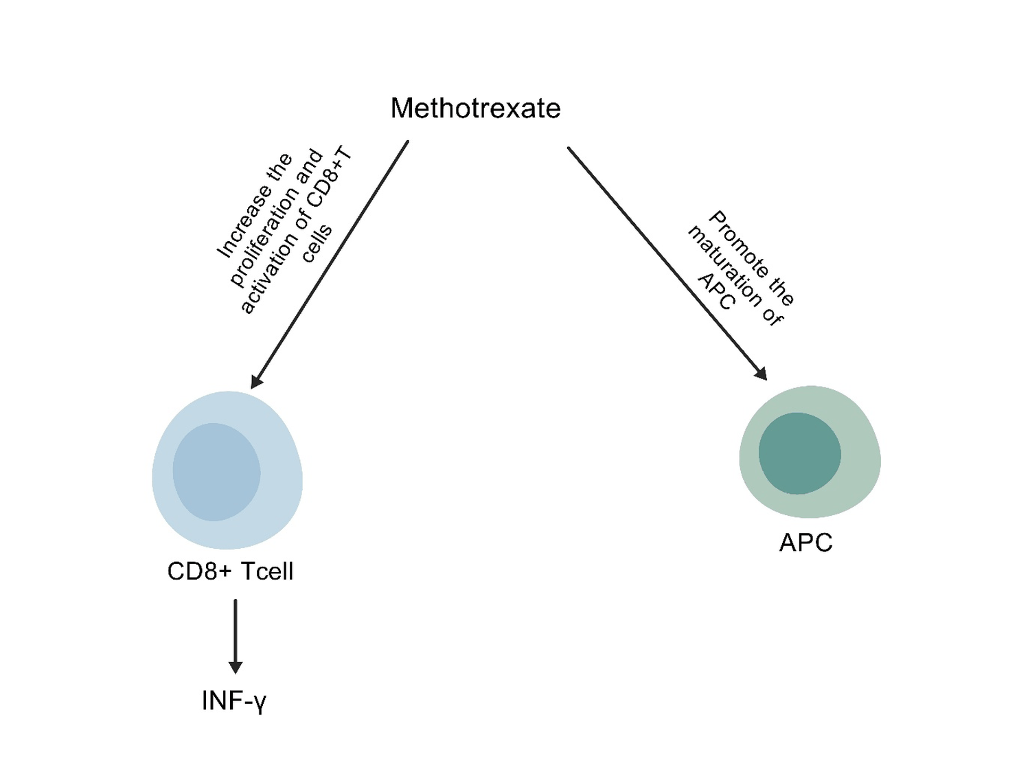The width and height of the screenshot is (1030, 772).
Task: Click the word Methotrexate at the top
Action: (x=475, y=109)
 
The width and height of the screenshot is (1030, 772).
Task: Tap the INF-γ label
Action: (x=233, y=701)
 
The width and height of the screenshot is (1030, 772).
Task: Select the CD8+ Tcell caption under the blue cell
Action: (x=230, y=571)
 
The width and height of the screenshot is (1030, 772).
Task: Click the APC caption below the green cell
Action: (x=805, y=543)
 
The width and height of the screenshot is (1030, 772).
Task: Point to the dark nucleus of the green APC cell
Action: (x=799, y=453)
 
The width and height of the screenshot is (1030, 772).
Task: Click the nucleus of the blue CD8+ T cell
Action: (x=216, y=472)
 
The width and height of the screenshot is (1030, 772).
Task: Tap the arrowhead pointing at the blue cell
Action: (x=256, y=380)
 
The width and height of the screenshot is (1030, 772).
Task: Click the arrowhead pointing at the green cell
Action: (x=760, y=373)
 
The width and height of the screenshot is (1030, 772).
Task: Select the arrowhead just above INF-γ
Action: (x=236, y=666)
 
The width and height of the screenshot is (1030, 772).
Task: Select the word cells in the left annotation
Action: (x=317, y=243)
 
